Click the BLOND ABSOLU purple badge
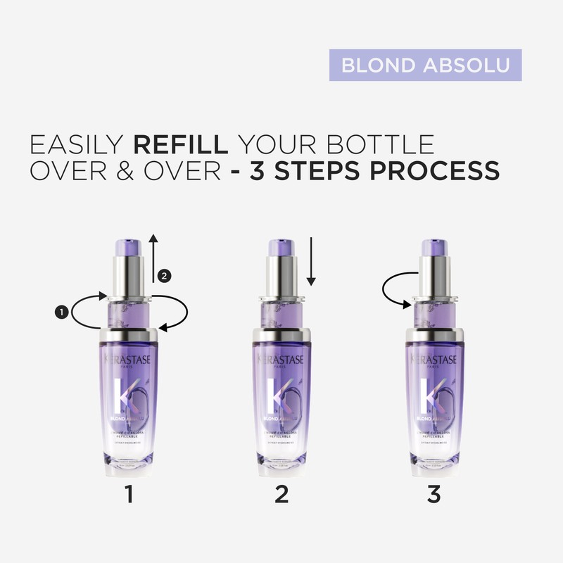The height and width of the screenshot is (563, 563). click(425, 65)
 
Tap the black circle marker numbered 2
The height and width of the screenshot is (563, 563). click(164, 276)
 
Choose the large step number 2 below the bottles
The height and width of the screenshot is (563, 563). click(281, 494)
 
